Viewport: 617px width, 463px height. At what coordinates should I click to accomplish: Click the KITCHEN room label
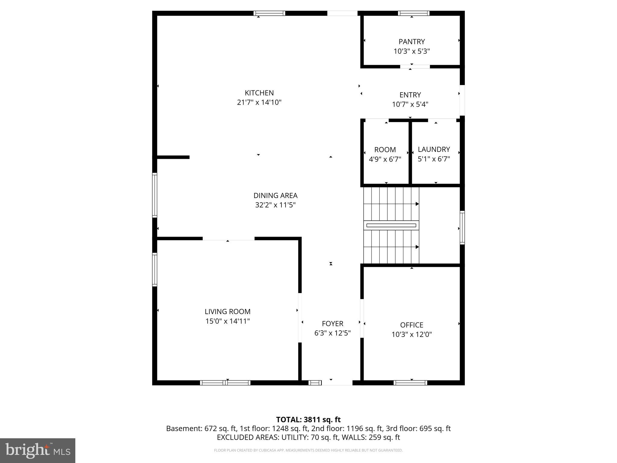tap(259, 93)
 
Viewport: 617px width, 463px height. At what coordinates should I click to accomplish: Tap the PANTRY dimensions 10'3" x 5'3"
tap(412, 51)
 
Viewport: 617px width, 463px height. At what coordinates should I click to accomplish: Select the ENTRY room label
tap(410, 95)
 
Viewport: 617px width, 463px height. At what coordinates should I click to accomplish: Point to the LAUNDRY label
tap(434, 149)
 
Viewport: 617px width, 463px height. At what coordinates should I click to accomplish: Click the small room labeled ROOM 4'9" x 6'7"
tap(385, 154)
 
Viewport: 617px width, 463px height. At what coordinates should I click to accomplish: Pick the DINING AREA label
tap(275, 195)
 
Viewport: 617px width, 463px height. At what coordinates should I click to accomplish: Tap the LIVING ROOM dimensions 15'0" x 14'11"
tap(227, 321)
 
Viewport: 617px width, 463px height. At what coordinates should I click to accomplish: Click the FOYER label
tap(332, 323)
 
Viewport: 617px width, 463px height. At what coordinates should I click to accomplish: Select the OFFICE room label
tap(412, 325)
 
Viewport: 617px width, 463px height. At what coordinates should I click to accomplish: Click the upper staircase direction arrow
tap(417, 204)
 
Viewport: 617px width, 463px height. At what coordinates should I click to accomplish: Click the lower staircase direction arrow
tap(417, 247)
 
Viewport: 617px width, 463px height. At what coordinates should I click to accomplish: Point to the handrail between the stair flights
tap(391, 225)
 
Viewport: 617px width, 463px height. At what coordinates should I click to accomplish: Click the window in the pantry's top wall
tap(414, 13)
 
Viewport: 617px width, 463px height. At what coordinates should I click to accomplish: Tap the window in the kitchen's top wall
tap(269, 13)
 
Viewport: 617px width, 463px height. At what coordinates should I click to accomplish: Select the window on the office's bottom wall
tap(410, 383)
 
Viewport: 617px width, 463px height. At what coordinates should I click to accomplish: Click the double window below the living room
tap(225, 383)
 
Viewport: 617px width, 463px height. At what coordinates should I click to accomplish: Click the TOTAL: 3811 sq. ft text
tap(308, 419)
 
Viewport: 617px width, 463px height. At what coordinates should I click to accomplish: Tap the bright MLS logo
tap(37, 450)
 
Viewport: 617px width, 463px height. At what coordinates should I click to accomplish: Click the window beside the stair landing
tap(462, 227)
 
